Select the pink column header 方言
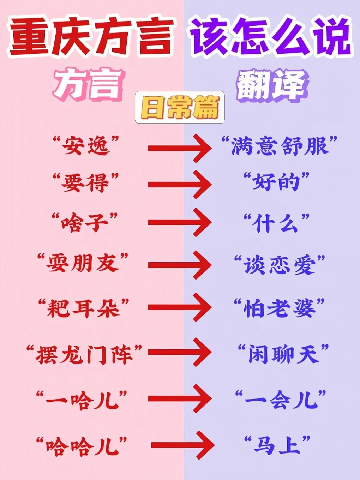[88, 85]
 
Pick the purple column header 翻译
[271, 85]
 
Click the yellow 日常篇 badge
[180, 107]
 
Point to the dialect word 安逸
[86, 146]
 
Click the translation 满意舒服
[279, 146]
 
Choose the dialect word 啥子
[85, 223]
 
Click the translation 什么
[276, 223]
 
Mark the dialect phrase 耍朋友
[83, 264]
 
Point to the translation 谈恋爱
[279, 265]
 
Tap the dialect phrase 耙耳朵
[84, 308]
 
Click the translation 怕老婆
[279, 308]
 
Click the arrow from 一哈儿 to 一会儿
[179, 399]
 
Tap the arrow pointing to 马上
[182, 445]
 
